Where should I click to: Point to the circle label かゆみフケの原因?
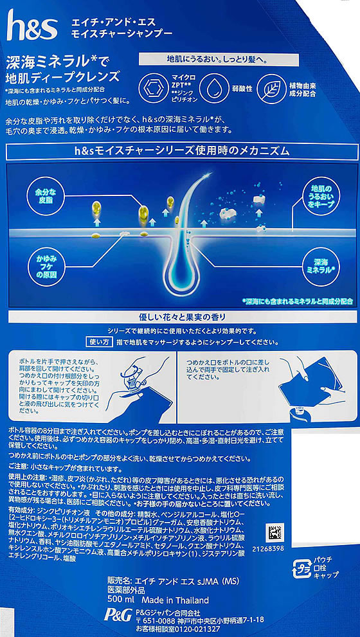tap(44, 265)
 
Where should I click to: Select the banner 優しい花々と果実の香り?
tap(180, 318)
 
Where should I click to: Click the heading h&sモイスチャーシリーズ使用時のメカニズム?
tap(180, 151)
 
